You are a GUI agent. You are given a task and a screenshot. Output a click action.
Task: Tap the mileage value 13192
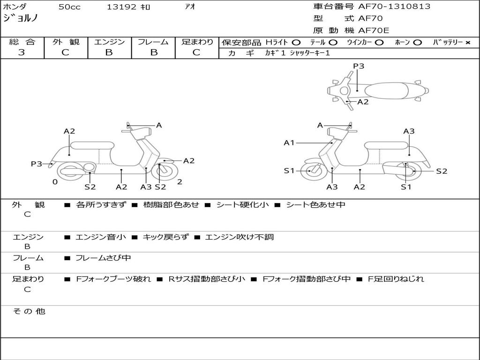[121, 7]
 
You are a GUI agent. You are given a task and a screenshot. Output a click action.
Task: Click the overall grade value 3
[22, 52]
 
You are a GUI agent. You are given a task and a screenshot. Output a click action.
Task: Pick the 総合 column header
[22, 42]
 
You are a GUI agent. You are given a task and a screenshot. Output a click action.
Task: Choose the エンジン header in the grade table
[109, 42]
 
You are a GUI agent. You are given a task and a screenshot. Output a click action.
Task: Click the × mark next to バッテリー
[467, 43]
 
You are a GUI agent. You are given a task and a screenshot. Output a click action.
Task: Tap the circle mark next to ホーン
[418, 43]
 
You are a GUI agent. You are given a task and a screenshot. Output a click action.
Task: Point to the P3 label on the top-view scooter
[359, 66]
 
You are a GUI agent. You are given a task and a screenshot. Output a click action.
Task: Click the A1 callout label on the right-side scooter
[289, 142]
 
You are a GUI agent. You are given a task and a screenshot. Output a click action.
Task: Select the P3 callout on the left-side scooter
[37, 164]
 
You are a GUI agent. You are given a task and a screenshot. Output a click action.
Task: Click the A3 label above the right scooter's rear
[409, 131]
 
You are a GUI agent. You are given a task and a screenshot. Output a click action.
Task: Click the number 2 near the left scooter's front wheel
[180, 182]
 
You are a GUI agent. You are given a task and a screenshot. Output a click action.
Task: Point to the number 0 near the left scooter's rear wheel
[55, 182]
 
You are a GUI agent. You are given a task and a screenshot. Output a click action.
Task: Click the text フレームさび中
[103, 258]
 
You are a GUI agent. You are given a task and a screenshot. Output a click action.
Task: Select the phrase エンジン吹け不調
[239, 237]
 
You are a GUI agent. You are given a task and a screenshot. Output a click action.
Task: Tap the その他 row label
[29, 311]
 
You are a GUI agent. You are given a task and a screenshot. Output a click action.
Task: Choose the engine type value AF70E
[374, 31]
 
